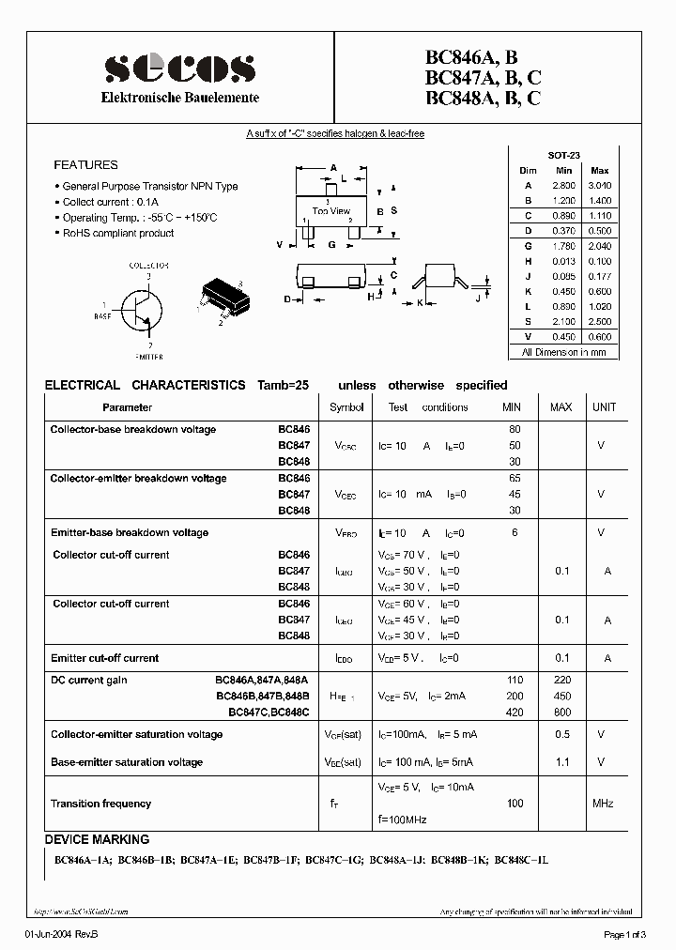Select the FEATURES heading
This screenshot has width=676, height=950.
(x=85, y=164)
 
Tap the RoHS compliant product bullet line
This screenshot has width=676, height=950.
(x=117, y=233)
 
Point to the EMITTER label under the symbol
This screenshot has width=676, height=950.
(x=149, y=357)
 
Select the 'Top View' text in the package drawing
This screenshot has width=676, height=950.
(x=330, y=211)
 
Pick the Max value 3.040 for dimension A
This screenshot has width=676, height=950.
(x=599, y=186)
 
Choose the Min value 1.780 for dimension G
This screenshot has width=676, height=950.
(x=563, y=246)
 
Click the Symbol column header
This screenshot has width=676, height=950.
(x=346, y=407)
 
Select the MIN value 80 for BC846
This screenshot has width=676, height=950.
(x=514, y=429)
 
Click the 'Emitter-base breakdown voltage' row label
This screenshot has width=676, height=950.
(x=130, y=532)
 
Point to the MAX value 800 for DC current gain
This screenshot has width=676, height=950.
(x=561, y=712)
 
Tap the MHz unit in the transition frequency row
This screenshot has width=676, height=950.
(x=602, y=804)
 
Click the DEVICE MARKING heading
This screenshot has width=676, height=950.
(x=97, y=839)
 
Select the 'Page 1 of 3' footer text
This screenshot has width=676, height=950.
(x=624, y=933)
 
